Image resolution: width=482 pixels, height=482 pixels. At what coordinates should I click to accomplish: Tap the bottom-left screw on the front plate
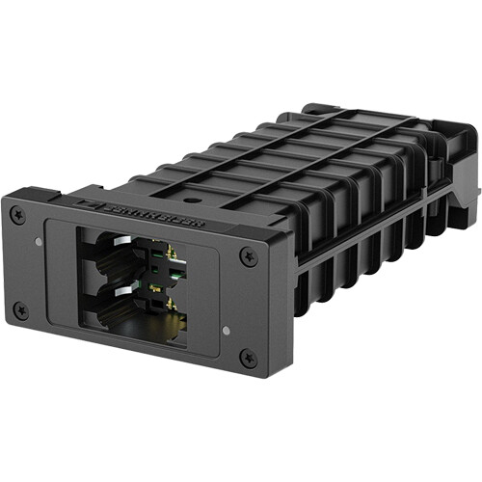pyautogui.click(x=19, y=309)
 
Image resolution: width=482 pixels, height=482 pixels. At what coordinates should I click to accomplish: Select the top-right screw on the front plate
pyautogui.click(x=250, y=256)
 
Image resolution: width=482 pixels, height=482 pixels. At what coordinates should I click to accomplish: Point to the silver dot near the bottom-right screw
pyautogui.click(x=225, y=330)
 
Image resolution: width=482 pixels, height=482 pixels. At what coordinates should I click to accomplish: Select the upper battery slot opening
pyautogui.click(x=116, y=255)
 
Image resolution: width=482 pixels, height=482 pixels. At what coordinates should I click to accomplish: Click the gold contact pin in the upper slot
pyautogui.click(x=169, y=255)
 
